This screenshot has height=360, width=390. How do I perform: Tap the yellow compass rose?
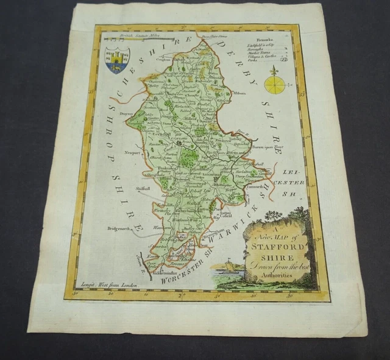click(274, 84)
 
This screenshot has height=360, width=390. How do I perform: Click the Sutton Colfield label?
click(226, 214)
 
